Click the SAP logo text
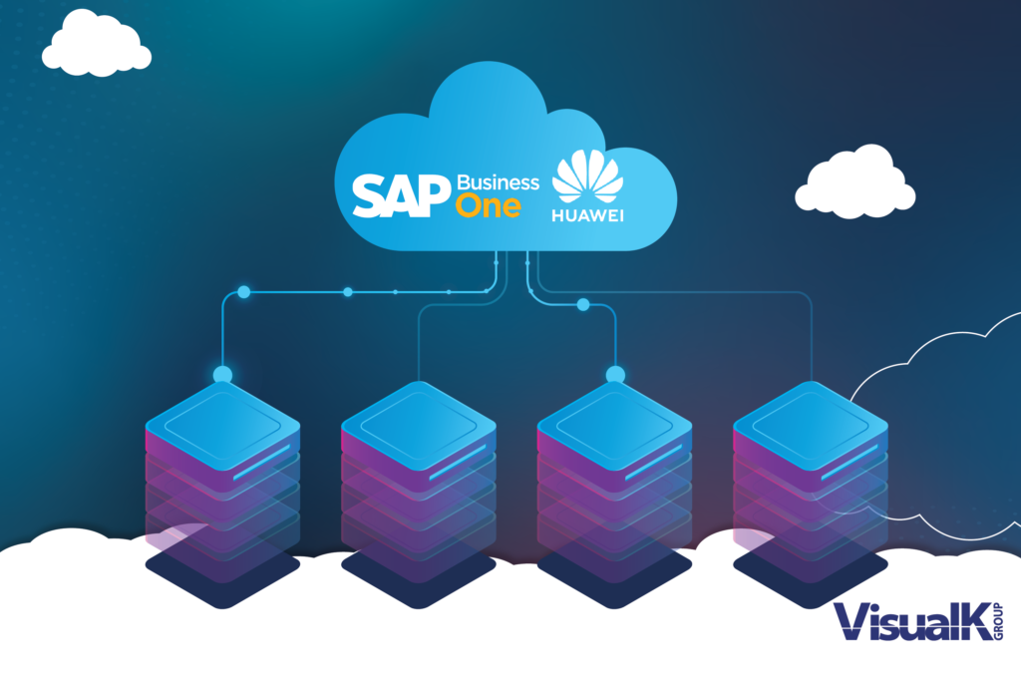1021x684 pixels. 402,195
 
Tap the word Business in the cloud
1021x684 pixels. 499,182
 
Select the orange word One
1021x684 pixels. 488,206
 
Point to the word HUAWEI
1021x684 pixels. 587,215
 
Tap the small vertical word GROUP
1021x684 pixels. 998,621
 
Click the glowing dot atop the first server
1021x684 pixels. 222,375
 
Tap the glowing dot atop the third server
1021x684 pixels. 615,375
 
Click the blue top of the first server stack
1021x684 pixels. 222,426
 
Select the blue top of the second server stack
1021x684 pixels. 419,426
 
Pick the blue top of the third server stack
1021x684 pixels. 614,426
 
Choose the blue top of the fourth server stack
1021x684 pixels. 811,426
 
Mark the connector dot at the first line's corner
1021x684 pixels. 244,292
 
